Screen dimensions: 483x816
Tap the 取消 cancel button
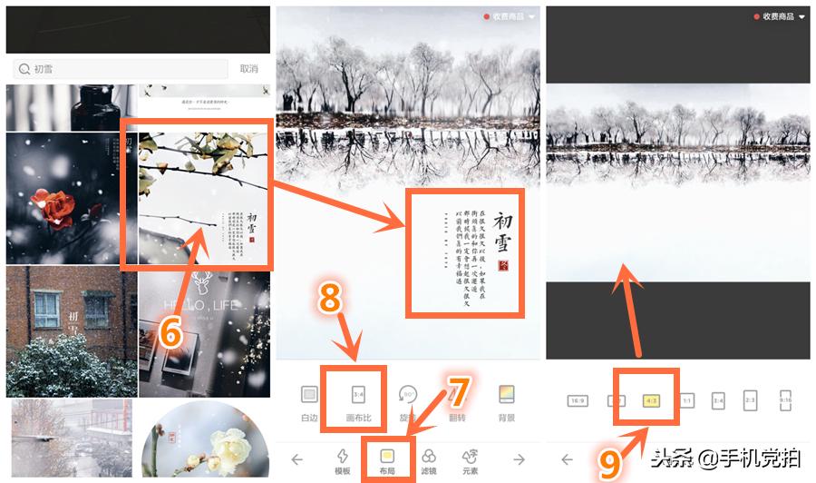[x=248, y=69]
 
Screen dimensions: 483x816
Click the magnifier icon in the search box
[x=24, y=69]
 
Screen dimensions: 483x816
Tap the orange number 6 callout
[x=170, y=332]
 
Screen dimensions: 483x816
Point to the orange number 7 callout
[x=459, y=392]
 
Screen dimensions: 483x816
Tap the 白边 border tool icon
[x=310, y=395]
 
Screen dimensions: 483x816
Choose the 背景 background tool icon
[x=507, y=395]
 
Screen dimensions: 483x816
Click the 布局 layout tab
[x=387, y=456]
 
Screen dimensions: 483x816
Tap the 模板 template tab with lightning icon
[x=343, y=456]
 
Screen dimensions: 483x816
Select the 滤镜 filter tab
[x=430, y=456]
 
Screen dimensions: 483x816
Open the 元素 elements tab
[x=470, y=456]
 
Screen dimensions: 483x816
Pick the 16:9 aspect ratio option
[x=577, y=400]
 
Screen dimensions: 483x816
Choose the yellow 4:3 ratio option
[x=651, y=399]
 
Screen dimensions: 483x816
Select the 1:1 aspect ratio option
[x=687, y=400]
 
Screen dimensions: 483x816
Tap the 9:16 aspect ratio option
[x=786, y=400]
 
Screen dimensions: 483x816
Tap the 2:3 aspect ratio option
[x=750, y=400]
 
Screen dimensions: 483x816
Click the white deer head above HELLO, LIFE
[x=203, y=282]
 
